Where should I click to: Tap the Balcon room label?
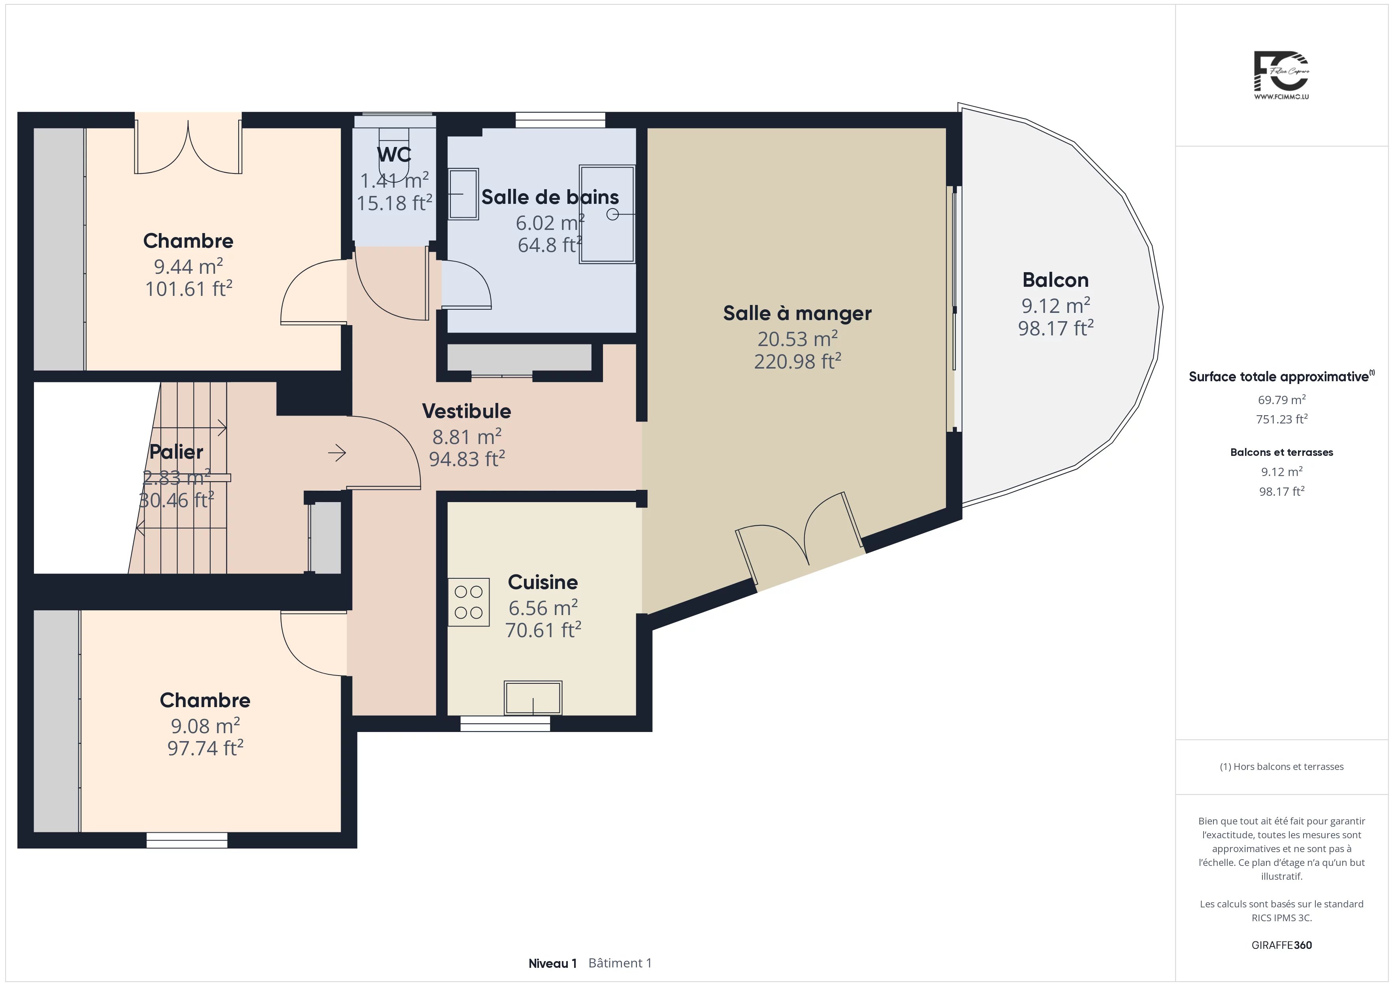pyautogui.click(x=1055, y=280)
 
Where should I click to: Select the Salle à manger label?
pyautogui.click(x=797, y=313)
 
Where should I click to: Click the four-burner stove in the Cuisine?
pyautogui.click(x=469, y=602)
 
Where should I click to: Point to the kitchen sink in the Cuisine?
pyautogui.click(x=533, y=698)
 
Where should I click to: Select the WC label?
pyautogui.click(x=394, y=155)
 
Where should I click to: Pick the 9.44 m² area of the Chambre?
pyautogui.click(x=188, y=266)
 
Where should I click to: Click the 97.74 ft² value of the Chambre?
pyautogui.click(x=205, y=748)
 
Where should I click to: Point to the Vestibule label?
pyautogui.click(x=466, y=411)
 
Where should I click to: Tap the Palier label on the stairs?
pyautogui.click(x=176, y=452)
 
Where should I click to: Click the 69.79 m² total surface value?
pyautogui.click(x=1282, y=399)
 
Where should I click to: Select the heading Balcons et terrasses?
pyautogui.click(x=1282, y=452)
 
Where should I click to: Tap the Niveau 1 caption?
pyautogui.click(x=552, y=963)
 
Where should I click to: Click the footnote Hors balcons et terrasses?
pyautogui.click(x=1289, y=767)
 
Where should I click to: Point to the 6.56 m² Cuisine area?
pyautogui.click(x=543, y=607)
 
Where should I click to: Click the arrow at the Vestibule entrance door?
pyautogui.click(x=337, y=452)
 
